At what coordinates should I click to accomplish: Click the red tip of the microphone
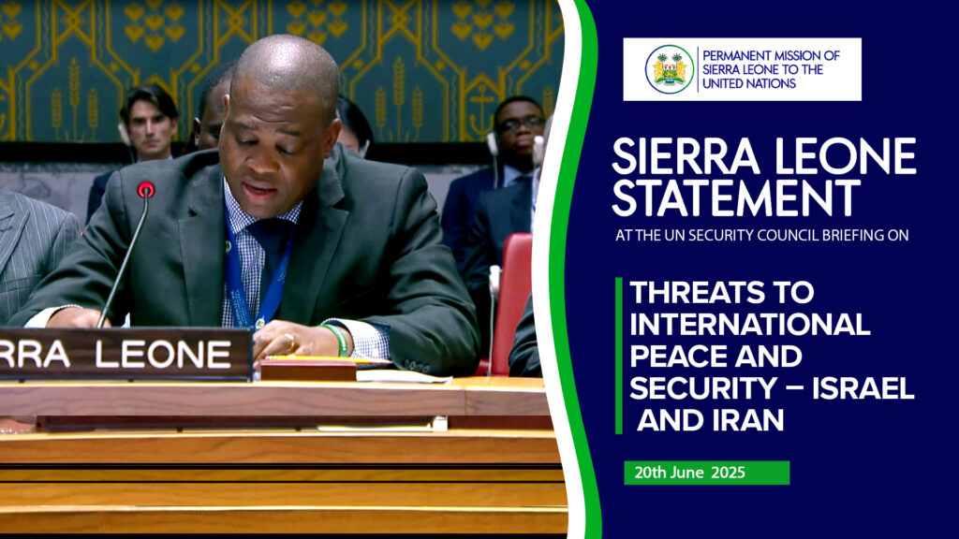145,189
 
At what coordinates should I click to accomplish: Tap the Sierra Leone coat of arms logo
669,69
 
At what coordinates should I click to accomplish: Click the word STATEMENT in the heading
736,198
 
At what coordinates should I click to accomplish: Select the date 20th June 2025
689,473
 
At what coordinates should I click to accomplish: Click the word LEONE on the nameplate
163,354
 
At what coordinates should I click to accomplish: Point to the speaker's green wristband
337,339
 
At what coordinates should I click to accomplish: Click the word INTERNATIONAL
750,324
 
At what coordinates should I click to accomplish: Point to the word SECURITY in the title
702,388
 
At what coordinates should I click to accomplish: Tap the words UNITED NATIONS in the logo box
748,83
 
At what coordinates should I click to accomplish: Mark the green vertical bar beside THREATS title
619,356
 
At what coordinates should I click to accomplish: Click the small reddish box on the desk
307,370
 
